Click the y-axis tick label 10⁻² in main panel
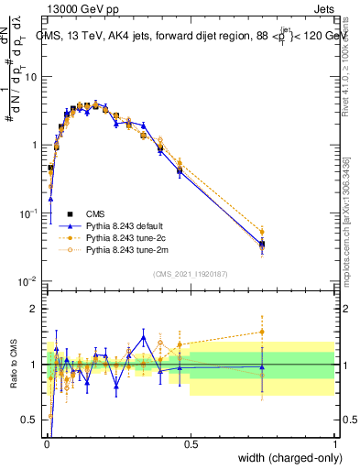point(30,280)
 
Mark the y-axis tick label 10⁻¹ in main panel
point(30,213)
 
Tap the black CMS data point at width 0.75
point(262,244)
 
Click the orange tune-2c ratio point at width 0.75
point(262,332)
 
